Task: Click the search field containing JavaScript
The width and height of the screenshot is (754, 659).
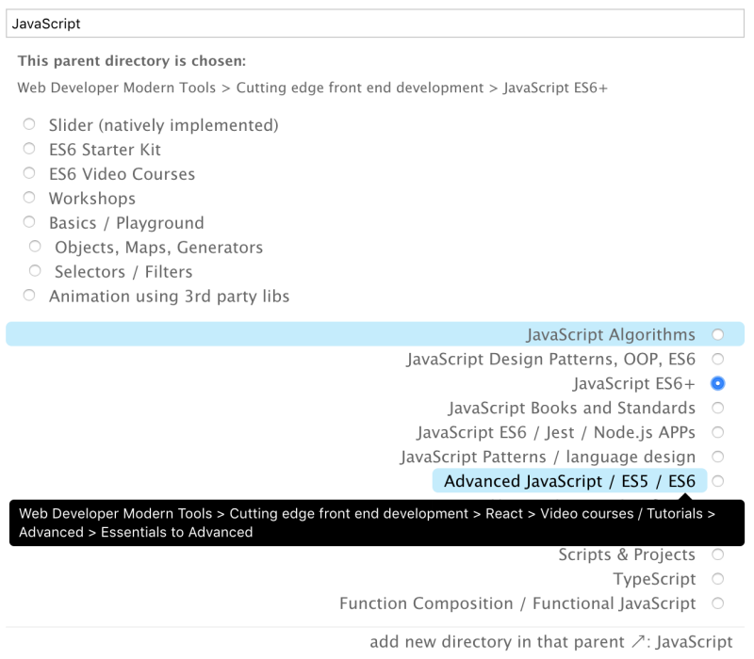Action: coord(375,24)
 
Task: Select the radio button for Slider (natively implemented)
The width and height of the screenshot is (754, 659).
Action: coord(29,124)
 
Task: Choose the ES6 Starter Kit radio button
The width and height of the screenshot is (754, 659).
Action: coord(29,149)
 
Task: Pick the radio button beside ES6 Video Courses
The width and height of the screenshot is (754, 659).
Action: coord(29,173)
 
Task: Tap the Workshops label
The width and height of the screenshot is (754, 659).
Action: coord(92,199)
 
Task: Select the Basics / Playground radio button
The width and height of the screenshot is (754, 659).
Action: coord(29,222)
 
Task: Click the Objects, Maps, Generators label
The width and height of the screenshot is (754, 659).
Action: coord(158,248)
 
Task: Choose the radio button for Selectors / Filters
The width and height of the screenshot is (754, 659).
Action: coord(35,271)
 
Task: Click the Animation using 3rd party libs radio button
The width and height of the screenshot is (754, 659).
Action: coord(29,296)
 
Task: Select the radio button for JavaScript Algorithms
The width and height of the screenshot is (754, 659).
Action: coord(718,335)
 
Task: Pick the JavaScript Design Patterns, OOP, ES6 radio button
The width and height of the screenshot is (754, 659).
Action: coord(718,359)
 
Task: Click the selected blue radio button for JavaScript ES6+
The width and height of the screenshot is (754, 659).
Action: coord(718,383)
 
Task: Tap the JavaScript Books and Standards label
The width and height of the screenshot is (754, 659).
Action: coord(572,409)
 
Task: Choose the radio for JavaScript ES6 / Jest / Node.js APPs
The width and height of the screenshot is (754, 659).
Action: coord(718,432)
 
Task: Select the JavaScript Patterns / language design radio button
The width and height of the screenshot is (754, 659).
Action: coord(718,457)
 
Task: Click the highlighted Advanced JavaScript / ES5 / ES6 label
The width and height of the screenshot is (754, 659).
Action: coord(570,481)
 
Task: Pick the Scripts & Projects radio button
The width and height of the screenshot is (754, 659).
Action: coord(718,555)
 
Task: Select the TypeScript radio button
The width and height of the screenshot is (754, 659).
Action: coord(718,579)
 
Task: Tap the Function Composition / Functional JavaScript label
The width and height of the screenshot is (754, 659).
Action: coord(517,603)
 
